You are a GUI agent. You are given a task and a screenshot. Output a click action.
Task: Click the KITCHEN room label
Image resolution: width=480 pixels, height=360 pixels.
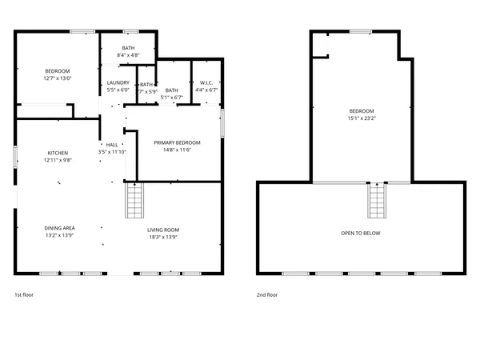(58, 152)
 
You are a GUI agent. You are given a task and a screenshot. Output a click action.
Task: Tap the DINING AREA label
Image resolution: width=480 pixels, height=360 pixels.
(59, 228)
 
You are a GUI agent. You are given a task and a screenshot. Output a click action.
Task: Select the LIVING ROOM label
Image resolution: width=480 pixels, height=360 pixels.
(162, 230)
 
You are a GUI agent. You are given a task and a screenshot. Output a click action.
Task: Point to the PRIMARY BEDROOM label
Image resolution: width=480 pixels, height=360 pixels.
(177, 142)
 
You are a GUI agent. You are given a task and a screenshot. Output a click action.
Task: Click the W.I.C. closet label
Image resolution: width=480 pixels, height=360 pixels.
(206, 82)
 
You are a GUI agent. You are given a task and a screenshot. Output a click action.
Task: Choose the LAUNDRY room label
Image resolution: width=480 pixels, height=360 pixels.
(118, 82)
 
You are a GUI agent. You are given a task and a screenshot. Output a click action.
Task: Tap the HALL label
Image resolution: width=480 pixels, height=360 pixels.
(112, 145)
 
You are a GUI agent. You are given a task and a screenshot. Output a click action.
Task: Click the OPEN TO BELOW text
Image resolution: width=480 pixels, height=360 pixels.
(361, 233)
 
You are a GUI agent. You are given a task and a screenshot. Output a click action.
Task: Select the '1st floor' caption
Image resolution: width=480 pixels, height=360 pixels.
(24, 294)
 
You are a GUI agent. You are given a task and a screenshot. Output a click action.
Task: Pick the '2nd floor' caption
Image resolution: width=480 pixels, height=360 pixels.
(267, 294)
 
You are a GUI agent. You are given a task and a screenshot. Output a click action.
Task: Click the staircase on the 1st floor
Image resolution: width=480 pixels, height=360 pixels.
(134, 200)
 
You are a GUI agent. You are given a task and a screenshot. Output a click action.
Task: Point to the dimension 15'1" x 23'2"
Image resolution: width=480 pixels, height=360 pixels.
(361, 118)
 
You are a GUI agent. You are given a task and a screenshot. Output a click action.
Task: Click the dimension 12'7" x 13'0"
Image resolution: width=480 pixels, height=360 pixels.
(58, 78)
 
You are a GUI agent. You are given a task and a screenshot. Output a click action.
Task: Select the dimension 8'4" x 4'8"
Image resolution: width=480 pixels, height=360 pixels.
(128, 55)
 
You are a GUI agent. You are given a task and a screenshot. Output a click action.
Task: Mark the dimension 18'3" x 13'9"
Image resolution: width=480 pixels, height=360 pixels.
(162, 237)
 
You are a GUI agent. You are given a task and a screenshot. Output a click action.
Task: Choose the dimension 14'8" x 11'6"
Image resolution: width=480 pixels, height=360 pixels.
(177, 150)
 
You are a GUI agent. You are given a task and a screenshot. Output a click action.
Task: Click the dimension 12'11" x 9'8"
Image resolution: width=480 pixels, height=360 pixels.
(58, 160)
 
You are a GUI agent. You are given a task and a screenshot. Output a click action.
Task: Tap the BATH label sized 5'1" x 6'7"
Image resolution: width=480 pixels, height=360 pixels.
(171, 90)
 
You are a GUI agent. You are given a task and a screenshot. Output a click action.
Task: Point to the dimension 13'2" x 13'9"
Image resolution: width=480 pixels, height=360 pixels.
(59, 236)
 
